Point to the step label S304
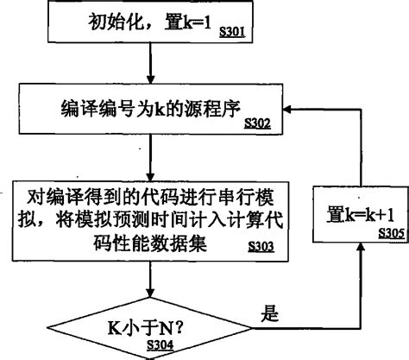[x=159, y=346]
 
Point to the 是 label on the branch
[x=270, y=314]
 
